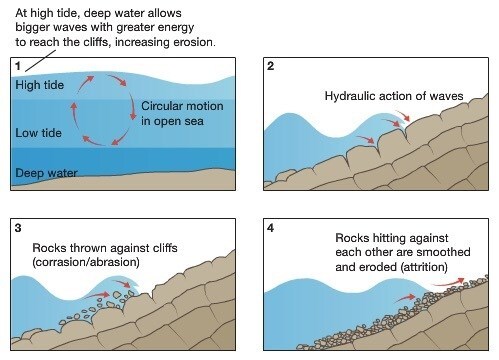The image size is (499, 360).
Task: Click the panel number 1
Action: (18, 66)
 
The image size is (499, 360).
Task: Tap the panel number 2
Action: (270, 66)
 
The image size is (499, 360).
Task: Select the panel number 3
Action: (18, 228)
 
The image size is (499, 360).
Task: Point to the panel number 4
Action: (270, 228)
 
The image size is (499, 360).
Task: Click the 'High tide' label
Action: (40, 85)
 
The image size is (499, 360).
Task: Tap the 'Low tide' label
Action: (39, 133)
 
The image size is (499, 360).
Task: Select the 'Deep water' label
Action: (46, 173)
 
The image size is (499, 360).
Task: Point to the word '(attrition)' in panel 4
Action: (425, 267)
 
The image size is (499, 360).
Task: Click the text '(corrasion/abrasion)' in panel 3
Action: (86, 262)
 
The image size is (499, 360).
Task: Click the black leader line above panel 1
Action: (40, 61)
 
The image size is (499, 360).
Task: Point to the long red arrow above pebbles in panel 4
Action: (448, 282)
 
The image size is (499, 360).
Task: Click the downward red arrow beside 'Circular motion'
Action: (133, 106)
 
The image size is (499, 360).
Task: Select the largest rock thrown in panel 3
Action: (117, 295)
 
